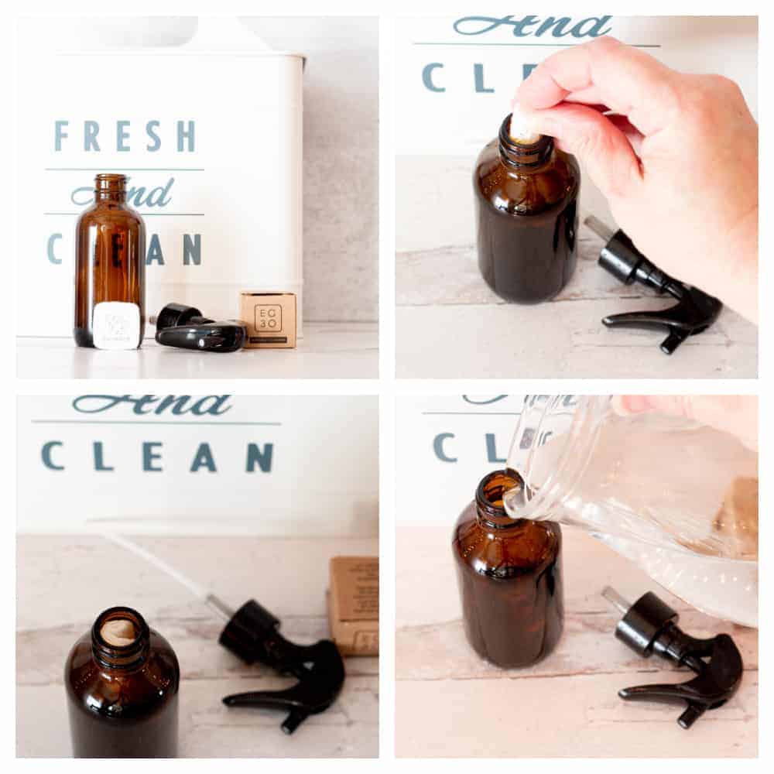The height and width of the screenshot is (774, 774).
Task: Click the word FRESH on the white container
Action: (125, 136)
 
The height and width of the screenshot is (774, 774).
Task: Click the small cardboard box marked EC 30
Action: (268, 319)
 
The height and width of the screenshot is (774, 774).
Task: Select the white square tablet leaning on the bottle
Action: (116, 324)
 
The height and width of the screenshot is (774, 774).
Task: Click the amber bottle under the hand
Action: (526, 224)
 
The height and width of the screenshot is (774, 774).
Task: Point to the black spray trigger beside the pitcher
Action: (681, 658)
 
